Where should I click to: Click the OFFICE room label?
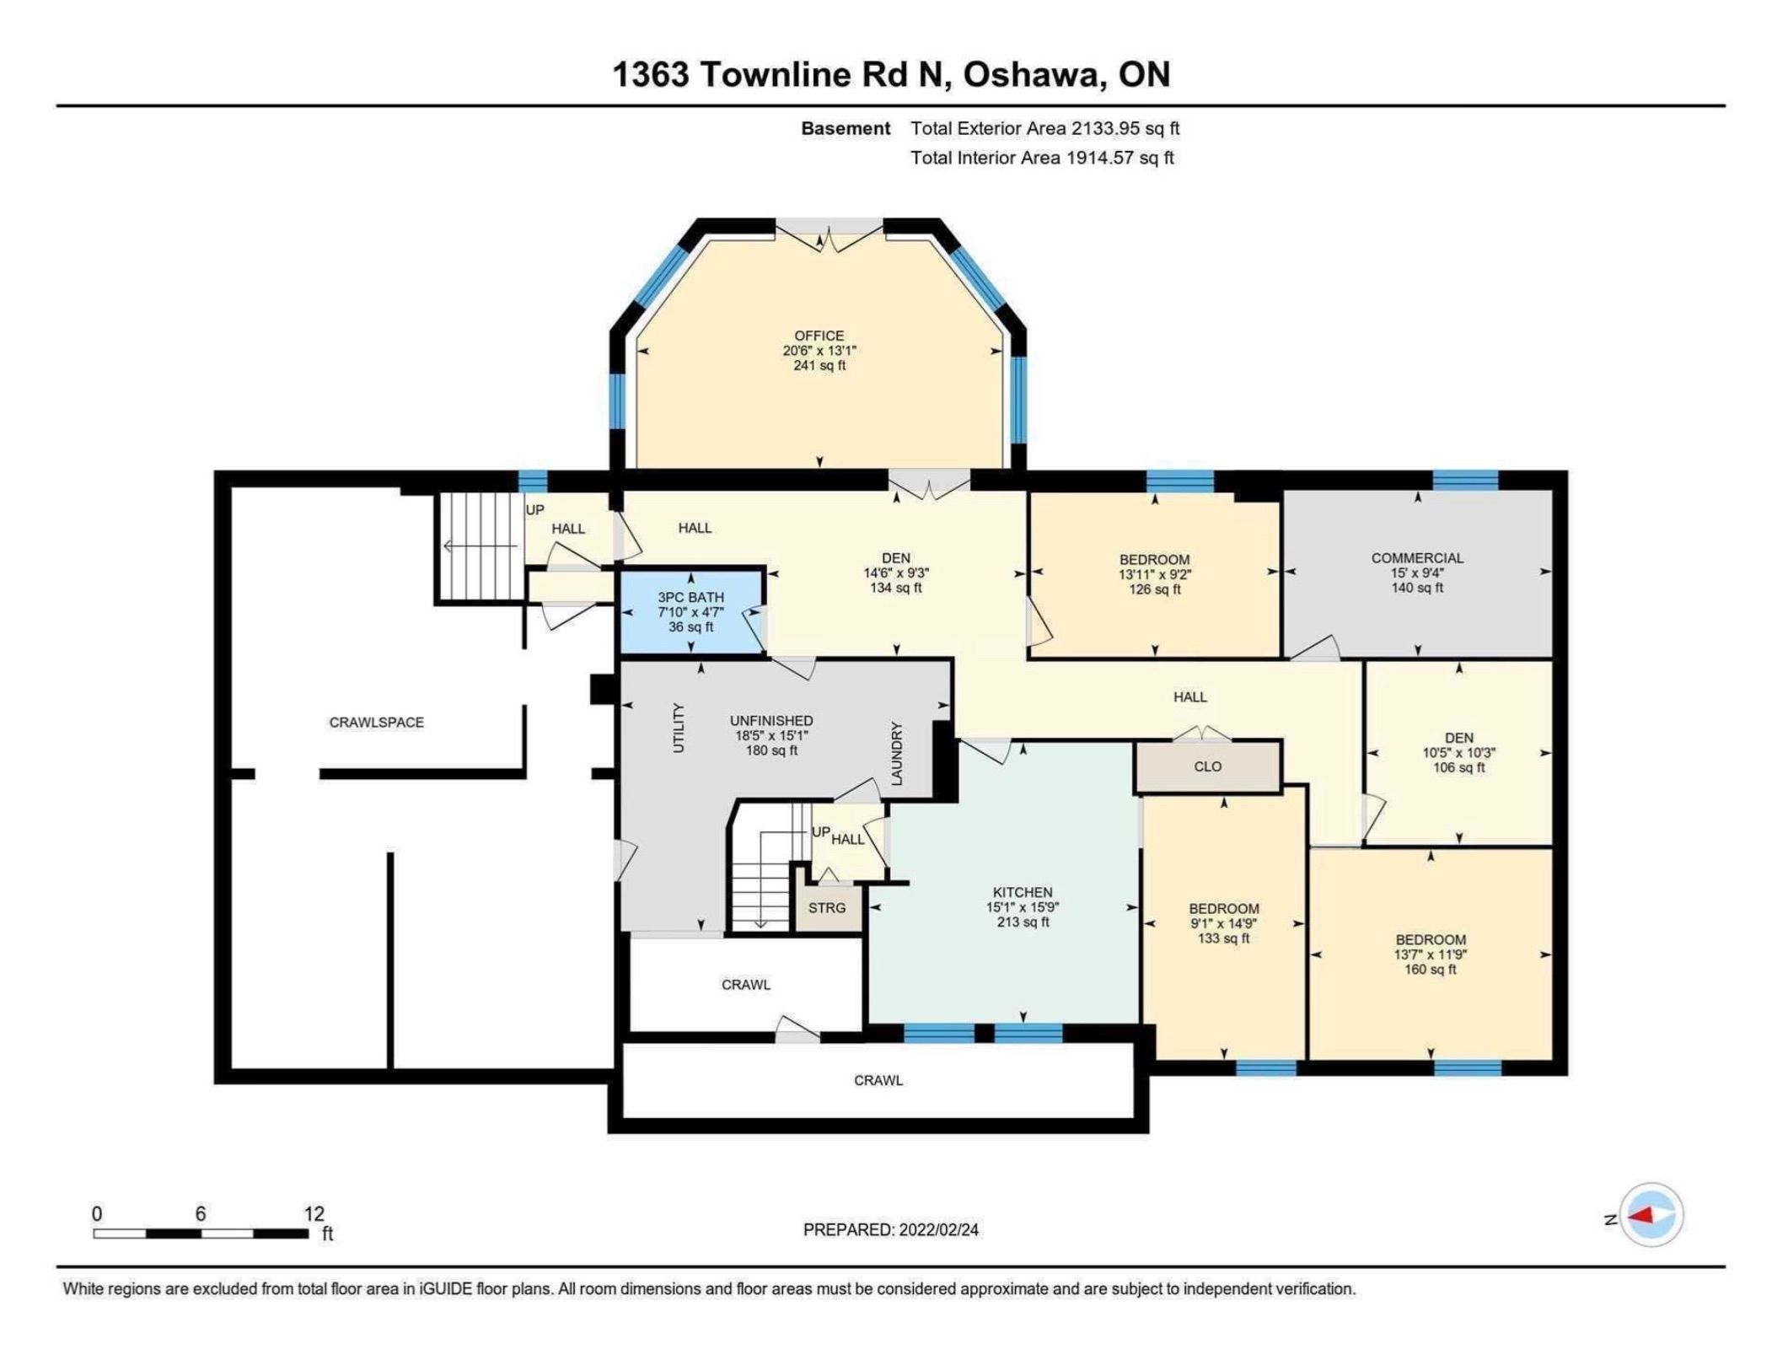[x=819, y=336]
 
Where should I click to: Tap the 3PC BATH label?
[x=691, y=597]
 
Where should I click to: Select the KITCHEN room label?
[x=1023, y=892]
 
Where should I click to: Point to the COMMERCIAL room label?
[x=1417, y=557]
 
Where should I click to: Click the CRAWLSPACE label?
[x=376, y=723]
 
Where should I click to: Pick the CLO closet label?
[x=1208, y=766]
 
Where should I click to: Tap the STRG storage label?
[x=826, y=908]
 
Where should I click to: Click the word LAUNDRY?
[x=897, y=753]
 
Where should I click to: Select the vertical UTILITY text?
[x=679, y=727]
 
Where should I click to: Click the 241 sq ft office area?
[x=819, y=366]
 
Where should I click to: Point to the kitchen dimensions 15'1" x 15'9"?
[x=1023, y=907]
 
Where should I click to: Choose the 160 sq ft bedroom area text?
[x=1430, y=970]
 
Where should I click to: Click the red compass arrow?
[x=1640, y=1216]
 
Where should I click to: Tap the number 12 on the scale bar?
[x=314, y=1213]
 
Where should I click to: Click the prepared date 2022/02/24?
[x=939, y=1229]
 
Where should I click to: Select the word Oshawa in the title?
[x=1032, y=74]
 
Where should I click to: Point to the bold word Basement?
[x=845, y=128]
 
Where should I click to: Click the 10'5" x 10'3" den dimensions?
[x=1459, y=753]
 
